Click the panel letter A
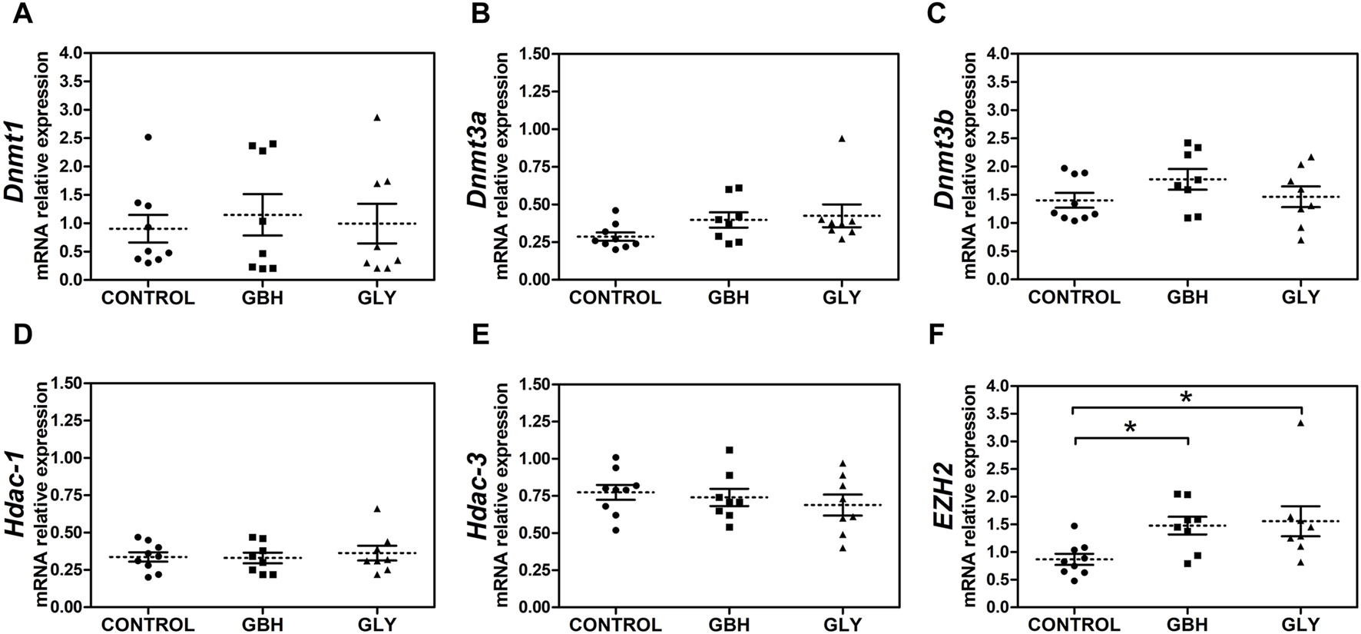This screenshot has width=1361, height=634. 22,13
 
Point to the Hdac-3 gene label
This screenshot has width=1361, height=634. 479,496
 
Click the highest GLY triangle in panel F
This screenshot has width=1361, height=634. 1300,423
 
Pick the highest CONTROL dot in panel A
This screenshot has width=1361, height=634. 148,137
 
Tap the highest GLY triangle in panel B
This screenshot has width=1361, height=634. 842,138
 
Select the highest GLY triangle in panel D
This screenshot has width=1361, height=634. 377,509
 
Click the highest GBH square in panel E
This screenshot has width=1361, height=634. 729,450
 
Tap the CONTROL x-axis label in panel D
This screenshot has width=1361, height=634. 148,625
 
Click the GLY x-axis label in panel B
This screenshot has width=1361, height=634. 842,297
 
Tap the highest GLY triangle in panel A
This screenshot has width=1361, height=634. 377,118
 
